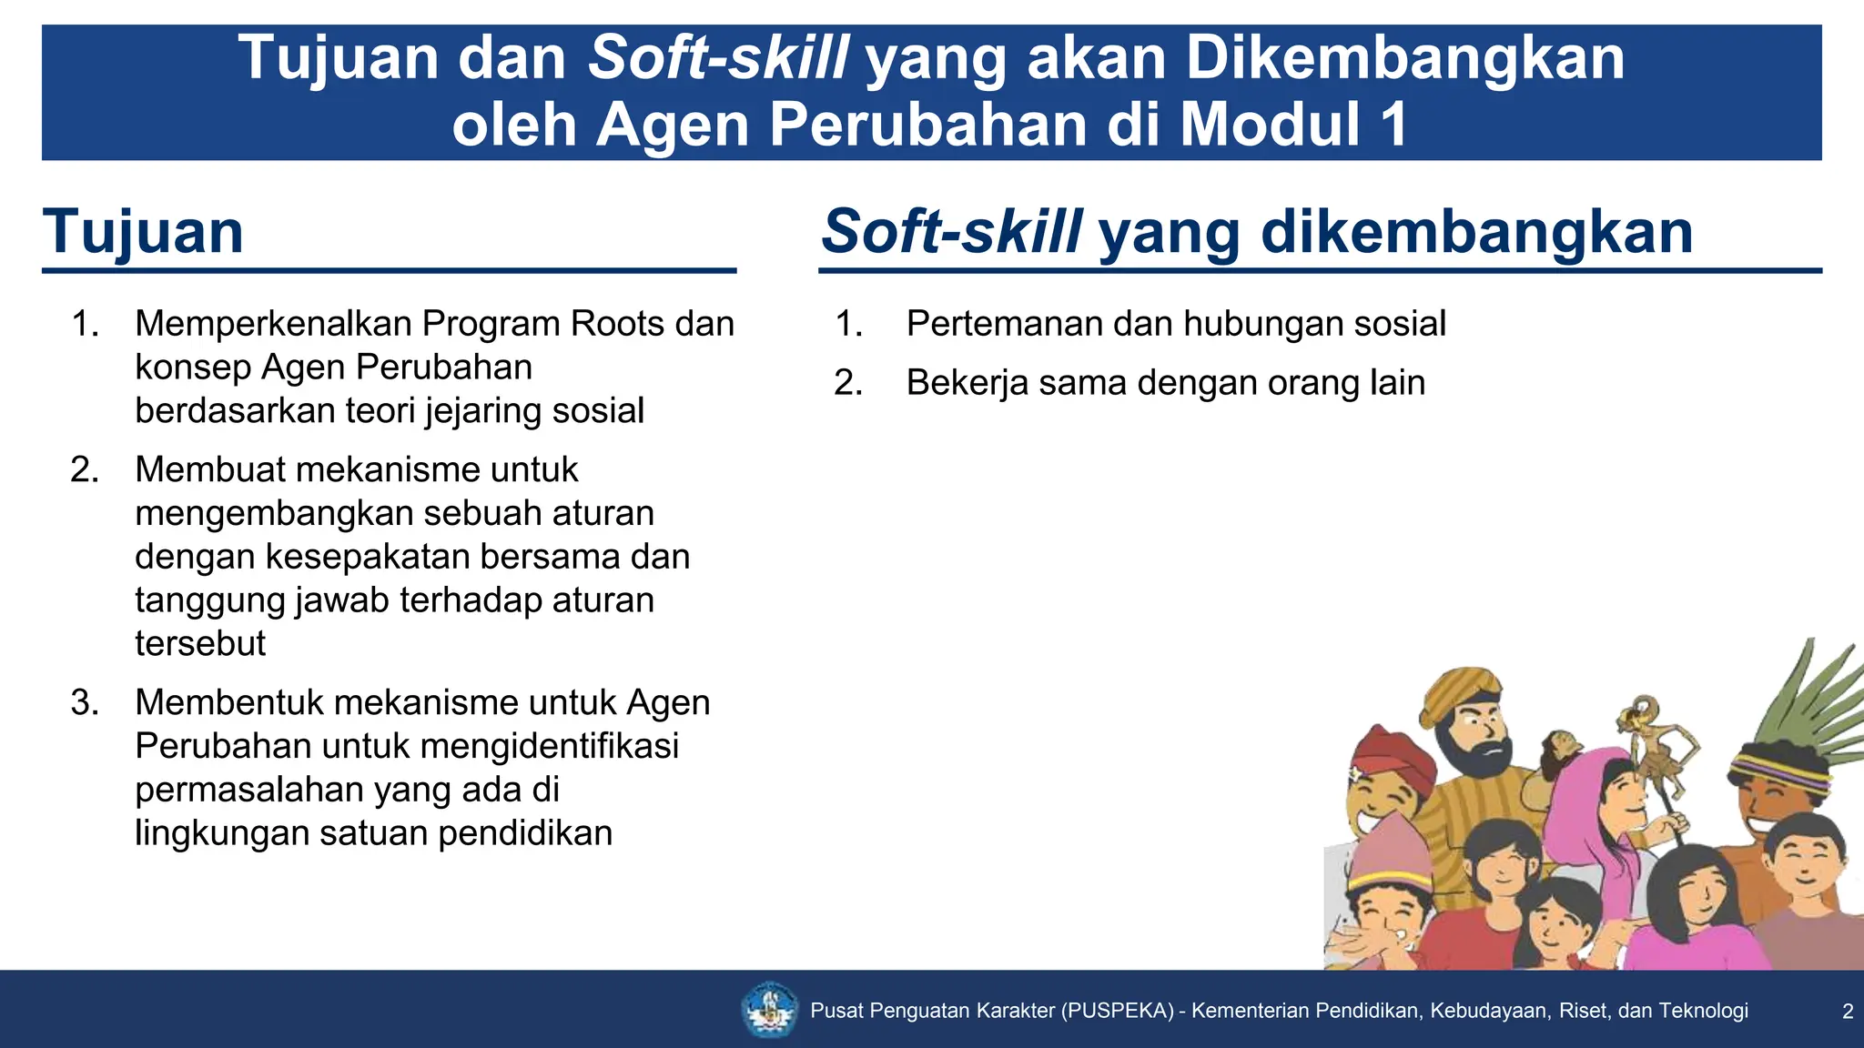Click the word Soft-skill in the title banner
pyautogui.click(x=719, y=58)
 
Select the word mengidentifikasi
pyautogui.click(x=550, y=746)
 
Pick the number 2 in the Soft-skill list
pyautogui.click(x=847, y=383)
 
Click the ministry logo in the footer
pyautogui.click(x=770, y=1009)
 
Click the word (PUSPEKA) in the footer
pyautogui.click(x=1117, y=1011)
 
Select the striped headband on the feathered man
pyautogui.click(x=1779, y=770)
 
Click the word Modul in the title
pyautogui.click(x=1271, y=125)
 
